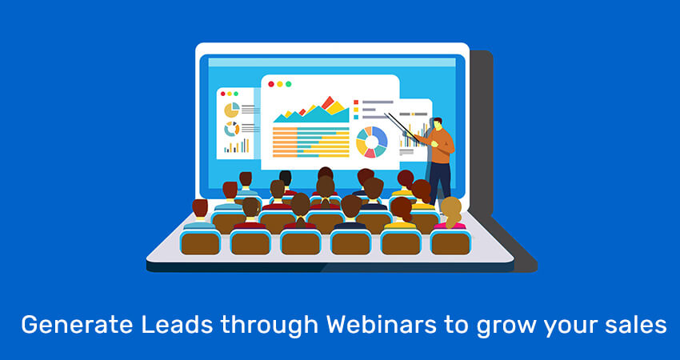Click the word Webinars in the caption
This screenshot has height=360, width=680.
[381, 326]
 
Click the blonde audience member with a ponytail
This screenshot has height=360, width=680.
[451, 214]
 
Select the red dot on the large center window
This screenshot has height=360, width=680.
[271, 84]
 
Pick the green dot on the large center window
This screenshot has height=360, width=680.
[288, 84]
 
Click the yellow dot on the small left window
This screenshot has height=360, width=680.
[230, 94]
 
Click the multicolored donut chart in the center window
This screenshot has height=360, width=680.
[372, 142]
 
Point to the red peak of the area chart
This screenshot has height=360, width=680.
[328, 102]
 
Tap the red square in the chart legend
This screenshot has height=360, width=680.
[356, 102]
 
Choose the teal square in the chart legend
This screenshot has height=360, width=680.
[356, 117]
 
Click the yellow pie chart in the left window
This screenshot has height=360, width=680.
[231, 110]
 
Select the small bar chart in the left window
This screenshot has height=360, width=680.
[237, 146]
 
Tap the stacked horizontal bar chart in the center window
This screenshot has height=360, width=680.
[311, 142]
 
